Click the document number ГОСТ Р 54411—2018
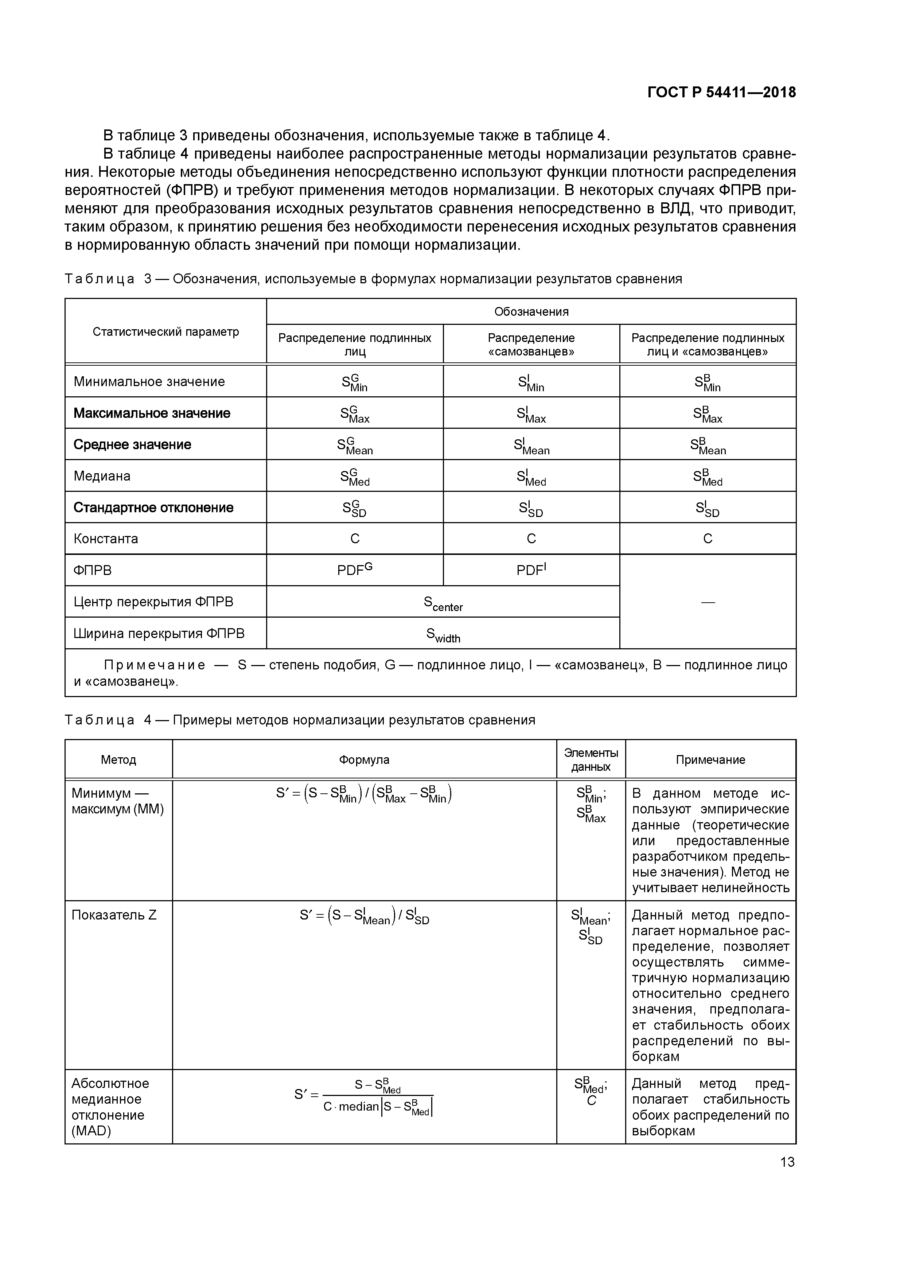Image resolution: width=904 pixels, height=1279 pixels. [x=721, y=93]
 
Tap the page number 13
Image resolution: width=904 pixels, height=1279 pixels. [x=787, y=1162]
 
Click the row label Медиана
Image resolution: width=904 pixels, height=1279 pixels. [x=102, y=476]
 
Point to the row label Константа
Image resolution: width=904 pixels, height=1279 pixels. [x=106, y=539]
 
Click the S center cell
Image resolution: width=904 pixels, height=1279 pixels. [x=443, y=603]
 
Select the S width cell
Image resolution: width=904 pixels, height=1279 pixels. [x=443, y=634]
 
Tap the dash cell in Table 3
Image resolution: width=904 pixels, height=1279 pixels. [x=708, y=602]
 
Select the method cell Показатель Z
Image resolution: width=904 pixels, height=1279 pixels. [x=114, y=915]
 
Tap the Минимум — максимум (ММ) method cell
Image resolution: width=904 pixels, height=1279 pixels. [x=117, y=801]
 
